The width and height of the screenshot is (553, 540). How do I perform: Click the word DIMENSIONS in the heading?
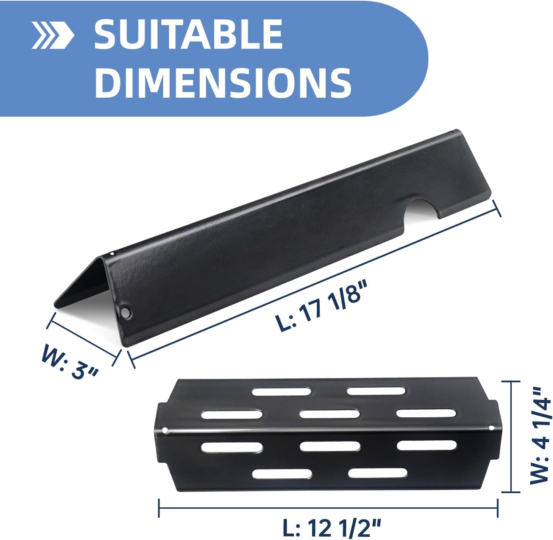pyautogui.click(x=223, y=82)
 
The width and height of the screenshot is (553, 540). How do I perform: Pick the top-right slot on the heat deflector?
pyautogui.click(x=377, y=391)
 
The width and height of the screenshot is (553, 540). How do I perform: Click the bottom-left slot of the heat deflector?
pyautogui.click(x=282, y=473)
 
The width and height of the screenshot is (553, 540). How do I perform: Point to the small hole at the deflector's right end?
pyautogui.click(x=492, y=428)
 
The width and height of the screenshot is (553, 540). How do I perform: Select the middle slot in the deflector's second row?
pyautogui.click(x=329, y=414)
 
